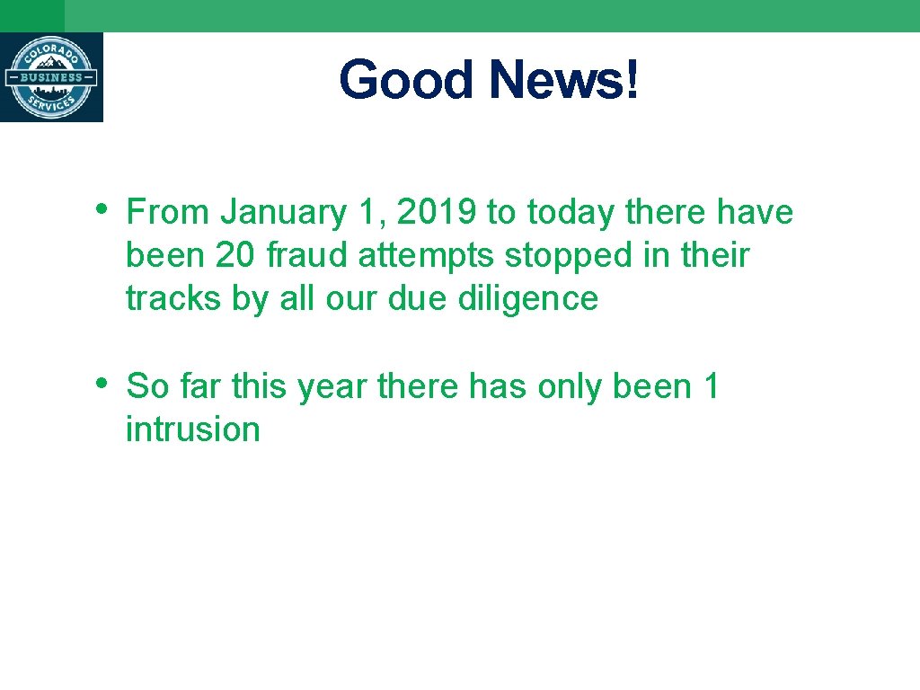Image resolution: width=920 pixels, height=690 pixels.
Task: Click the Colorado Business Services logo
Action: tap(51, 77)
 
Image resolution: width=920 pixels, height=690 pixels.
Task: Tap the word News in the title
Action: tap(555, 80)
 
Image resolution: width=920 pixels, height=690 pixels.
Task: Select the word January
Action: tap(284, 213)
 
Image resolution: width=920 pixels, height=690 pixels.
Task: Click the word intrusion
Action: tap(192, 430)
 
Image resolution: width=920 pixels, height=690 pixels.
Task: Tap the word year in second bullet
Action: tap(332, 388)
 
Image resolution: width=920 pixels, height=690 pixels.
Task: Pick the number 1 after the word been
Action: tap(712, 387)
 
